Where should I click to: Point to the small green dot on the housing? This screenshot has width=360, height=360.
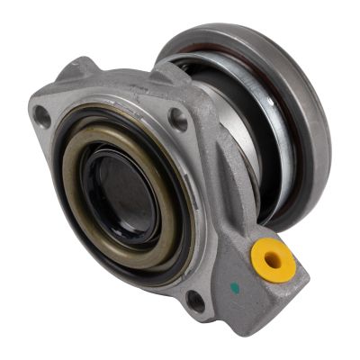click(235, 289)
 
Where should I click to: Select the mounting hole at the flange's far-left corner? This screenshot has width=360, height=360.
click(42, 115)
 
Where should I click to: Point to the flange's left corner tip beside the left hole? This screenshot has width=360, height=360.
click(33, 112)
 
